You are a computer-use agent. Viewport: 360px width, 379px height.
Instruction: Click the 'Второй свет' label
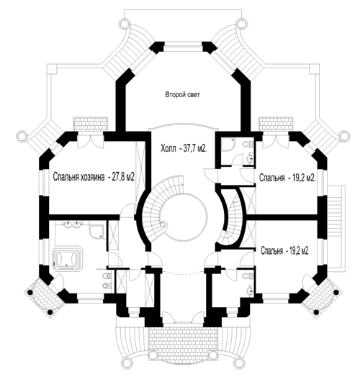tap(183, 94)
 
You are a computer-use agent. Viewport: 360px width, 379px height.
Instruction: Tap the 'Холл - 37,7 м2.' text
tap(184, 148)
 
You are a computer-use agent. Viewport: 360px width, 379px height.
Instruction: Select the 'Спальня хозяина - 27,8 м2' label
tap(94, 177)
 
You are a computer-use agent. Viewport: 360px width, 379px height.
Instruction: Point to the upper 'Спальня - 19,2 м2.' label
tap(287, 178)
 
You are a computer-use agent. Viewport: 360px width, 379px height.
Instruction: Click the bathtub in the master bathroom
tap(67, 258)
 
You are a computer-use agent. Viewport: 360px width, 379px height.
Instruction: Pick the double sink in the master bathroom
tap(72, 224)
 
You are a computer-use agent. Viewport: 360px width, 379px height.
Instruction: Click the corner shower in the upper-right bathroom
tap(228, 145)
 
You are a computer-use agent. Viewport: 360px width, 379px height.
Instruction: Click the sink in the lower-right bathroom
tap(250, 289)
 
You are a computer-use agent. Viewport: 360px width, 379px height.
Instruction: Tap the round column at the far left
tap(22, 135)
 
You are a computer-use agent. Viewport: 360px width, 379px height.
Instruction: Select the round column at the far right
tap(344, 135)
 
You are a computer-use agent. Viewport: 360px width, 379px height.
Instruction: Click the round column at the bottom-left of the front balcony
tap(127, 362)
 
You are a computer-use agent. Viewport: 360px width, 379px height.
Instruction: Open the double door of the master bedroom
tap(91, 142)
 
